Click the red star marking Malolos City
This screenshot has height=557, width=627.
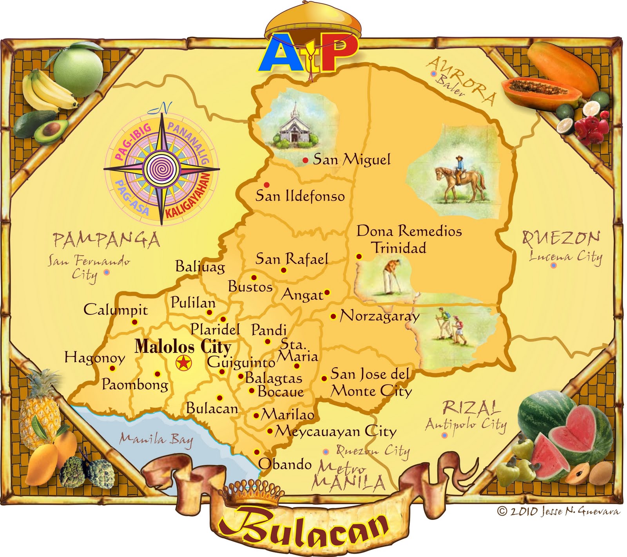pyautogui.click(x=183, y=363)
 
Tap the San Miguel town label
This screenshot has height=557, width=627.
pyautogui.click(x=352, y=159)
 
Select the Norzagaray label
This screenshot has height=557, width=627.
pyautogui.click(x=379, y=316)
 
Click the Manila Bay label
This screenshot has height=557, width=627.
pyautogui.click(x=156, y=439)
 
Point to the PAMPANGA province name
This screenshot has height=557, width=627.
pyautogui.click(x=107, y=240)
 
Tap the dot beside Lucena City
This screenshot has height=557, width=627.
pyautogui.click(x=553, y=265)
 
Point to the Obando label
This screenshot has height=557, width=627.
pyautogui.click(x=285, y=464)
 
